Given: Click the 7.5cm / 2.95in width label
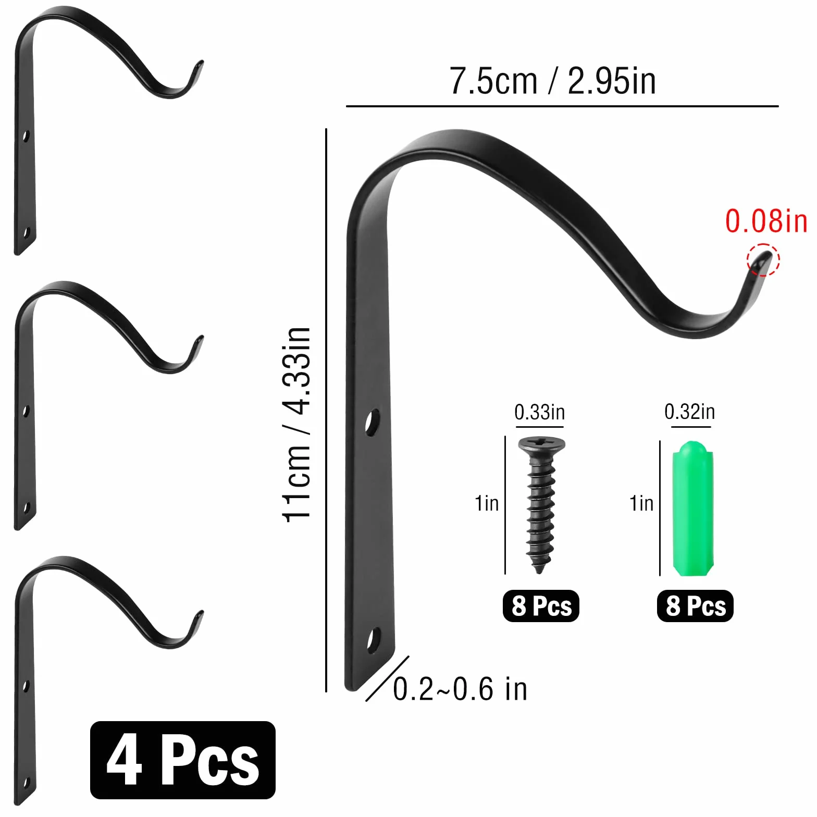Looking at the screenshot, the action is coord(552,81).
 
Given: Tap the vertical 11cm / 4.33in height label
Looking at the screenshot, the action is coord(297,425).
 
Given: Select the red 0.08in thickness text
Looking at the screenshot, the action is coord(766,221).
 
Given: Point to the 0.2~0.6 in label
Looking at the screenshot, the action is coord(460,689).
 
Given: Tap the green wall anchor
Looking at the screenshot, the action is coord(692,508).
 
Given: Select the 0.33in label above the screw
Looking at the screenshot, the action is coord(539,412).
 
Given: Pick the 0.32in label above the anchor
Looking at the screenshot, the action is coord(689,412).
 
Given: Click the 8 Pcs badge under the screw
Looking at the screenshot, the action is coord(541,606).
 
